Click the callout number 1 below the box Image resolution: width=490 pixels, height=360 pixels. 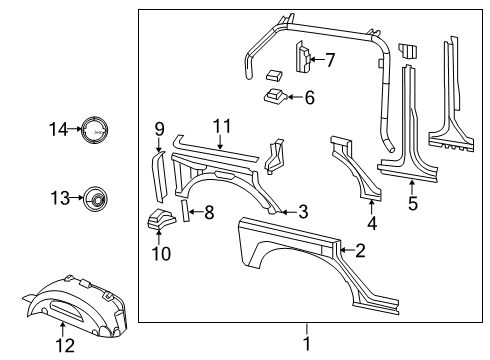point(307,343)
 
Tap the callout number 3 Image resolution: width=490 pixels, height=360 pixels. point(302,211)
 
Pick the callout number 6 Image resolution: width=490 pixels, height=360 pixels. point(309,98)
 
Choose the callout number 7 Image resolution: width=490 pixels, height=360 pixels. point(329,60)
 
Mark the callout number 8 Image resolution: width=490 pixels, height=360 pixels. point(208,212)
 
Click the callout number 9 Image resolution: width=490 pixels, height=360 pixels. point(159,128)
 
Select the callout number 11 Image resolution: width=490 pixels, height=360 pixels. point(220,126)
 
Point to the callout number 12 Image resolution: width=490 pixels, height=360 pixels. point(65,346)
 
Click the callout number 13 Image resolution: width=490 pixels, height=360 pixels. point(60,199)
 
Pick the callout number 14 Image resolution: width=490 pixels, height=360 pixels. point(59,128)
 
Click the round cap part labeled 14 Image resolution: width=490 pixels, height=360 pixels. point(96,129)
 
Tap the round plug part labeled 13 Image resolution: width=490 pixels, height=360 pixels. point(96,199)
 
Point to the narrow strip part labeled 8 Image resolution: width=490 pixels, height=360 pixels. point(185,211)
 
